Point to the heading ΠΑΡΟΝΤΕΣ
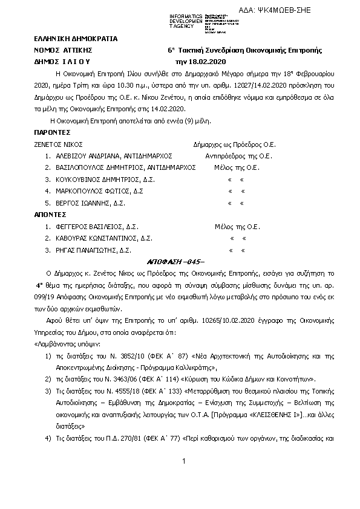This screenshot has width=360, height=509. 53,132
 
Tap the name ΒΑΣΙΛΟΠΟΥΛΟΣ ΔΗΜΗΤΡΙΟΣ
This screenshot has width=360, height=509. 91,167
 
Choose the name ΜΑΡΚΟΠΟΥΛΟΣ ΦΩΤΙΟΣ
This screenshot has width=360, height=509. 86,191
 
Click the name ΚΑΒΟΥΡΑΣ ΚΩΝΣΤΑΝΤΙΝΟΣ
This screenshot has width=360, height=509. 93,238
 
